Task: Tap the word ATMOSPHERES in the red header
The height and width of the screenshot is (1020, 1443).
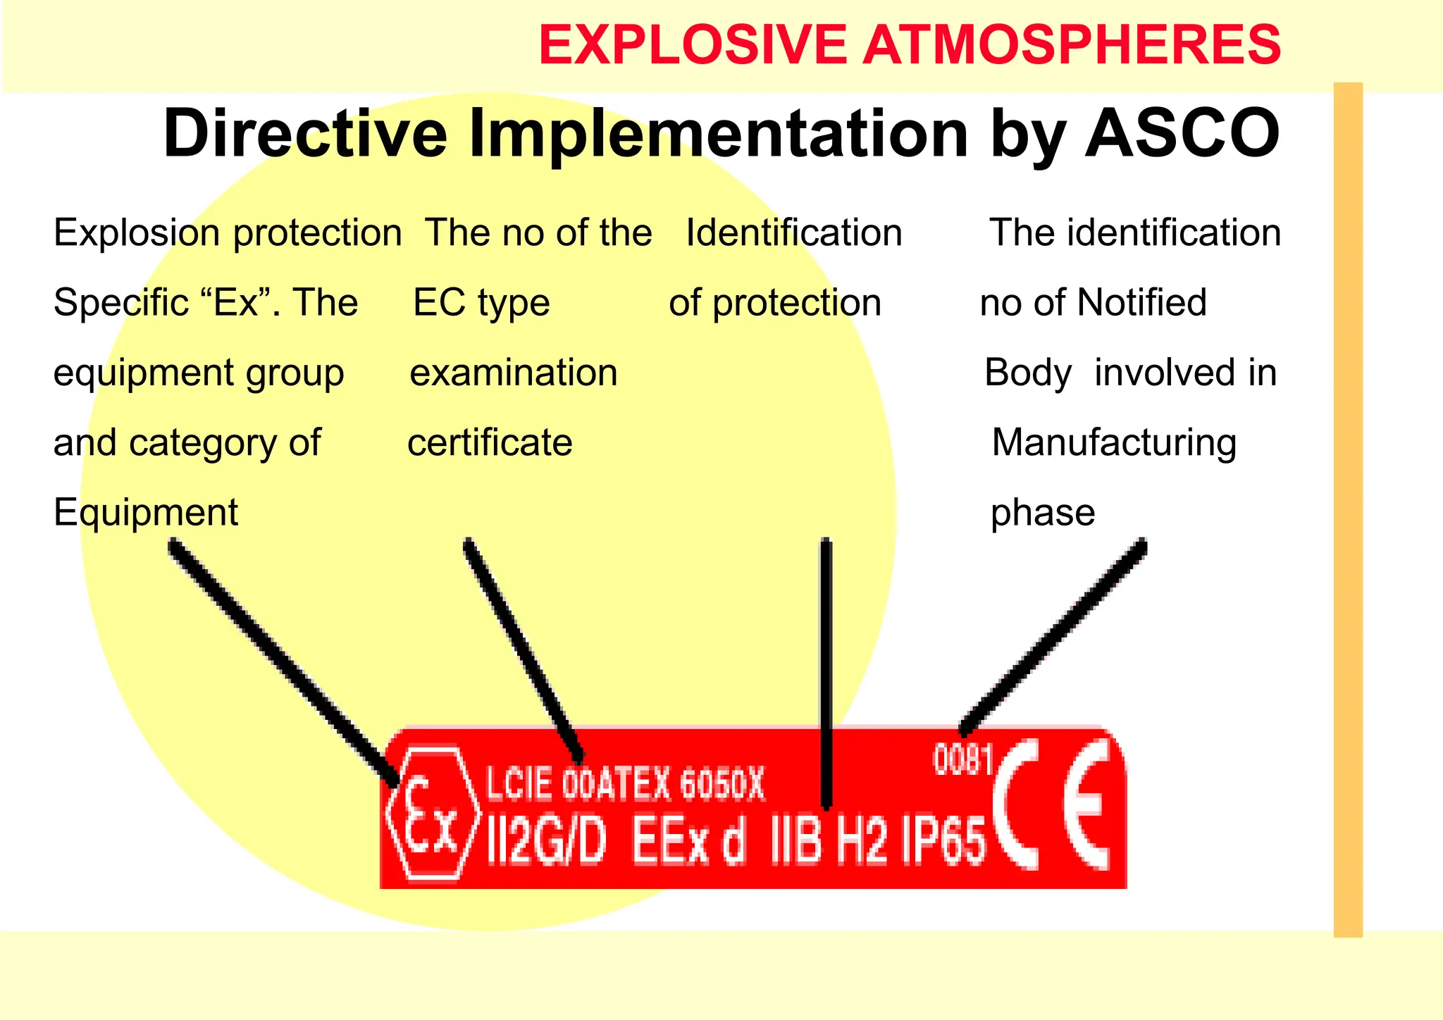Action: [1072, 45]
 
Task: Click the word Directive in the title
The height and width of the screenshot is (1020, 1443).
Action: [305, 133]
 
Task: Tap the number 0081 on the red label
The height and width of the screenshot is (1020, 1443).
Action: [963, 760]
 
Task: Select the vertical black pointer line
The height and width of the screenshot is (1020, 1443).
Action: [826, 669]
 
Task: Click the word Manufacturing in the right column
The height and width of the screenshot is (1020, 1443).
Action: [1113, 442]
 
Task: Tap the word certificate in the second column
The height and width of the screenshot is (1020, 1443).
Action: [490, 442]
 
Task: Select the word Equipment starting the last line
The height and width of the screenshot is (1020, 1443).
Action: [146, 512]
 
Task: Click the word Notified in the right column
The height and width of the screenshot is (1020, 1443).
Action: [1141, 302]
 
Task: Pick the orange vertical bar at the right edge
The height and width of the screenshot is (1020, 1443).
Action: [1348, 507]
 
